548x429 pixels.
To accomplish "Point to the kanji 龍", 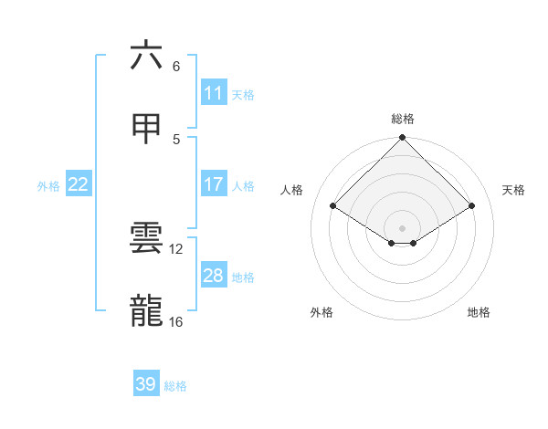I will tap(146, 311).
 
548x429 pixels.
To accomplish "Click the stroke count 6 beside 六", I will tap(176, 67).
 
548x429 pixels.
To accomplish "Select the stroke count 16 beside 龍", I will tap(176, 321).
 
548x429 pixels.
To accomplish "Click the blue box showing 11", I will tap(213, 93).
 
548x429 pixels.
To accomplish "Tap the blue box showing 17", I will tap(213, 184).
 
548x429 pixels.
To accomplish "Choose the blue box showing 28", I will tap(213, 276).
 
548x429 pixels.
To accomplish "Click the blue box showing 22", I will tap(79, 184).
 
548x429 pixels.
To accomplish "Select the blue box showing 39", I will tap(145, 384).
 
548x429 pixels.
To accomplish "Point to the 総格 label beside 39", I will tap(175, 386).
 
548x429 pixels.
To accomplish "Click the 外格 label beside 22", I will tap(48, 186).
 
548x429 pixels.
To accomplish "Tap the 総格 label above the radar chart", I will tap(403, 119).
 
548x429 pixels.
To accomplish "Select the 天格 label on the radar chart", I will tap(514, 190).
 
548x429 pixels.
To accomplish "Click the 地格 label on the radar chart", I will tap(479, 312).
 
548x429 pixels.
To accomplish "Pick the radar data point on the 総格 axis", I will tap(403, 139).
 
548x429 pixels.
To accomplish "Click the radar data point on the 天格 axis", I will tap(472, 206).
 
